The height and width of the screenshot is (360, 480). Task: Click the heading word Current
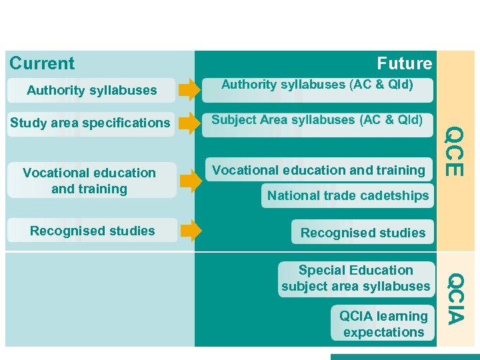pyautogui.click(x=42, y=64)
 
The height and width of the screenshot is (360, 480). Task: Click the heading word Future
pyautogui.click(x=404, y=64)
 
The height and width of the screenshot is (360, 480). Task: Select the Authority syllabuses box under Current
pyautogui.click(x=91, y=90)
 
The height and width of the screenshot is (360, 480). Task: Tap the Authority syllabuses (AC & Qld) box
pyautogui.click(x=317, y=85)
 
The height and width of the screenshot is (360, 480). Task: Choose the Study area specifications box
pyautogui.click(x=89, y=123)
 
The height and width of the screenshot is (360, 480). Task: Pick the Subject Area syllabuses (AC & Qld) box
pyautogui.click(x=317, y=121)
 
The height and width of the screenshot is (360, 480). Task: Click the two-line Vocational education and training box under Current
pyautogui.click(x=89, y=181)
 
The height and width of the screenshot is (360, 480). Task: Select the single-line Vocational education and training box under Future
pyautogui.click(x=318, y=171)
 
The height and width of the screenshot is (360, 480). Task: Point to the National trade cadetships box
pyautogui.click(x=347, y=196)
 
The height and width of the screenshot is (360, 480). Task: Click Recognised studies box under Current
pyautogui.click(x=92, y=231)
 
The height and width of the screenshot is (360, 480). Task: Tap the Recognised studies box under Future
pyautogui.click(x=363, y=233)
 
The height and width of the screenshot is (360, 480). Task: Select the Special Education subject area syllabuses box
pyautogui.click(x=355, y=279)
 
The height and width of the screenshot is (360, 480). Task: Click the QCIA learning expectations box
pyautogui.click(x=383, y=324)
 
